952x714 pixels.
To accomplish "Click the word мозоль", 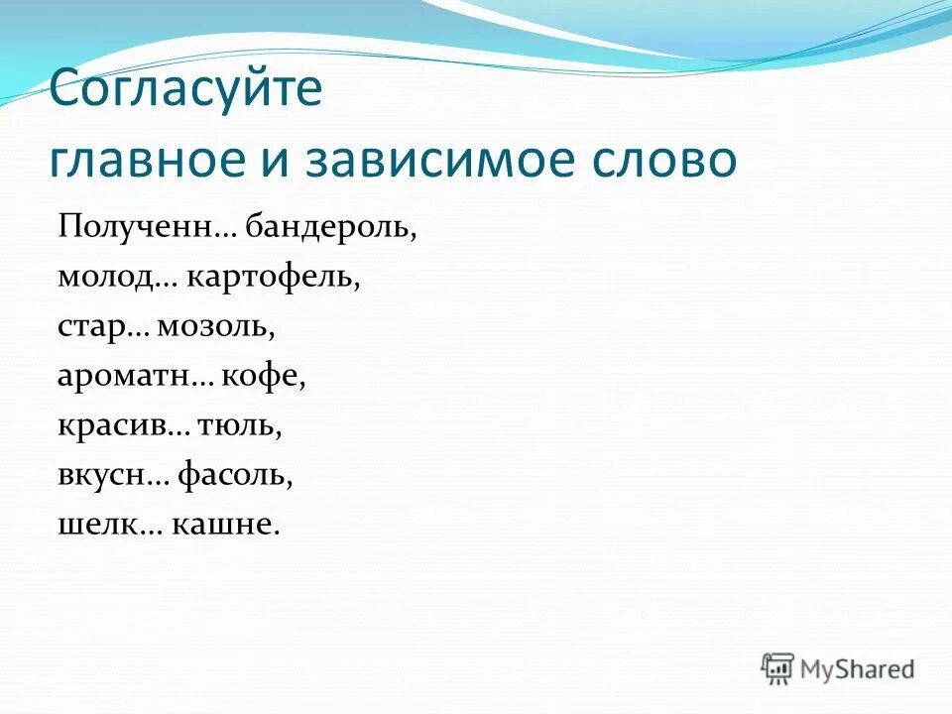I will pos(225,325).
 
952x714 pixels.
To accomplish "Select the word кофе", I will pos(264,376).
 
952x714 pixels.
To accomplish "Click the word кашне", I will pos(227,525).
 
